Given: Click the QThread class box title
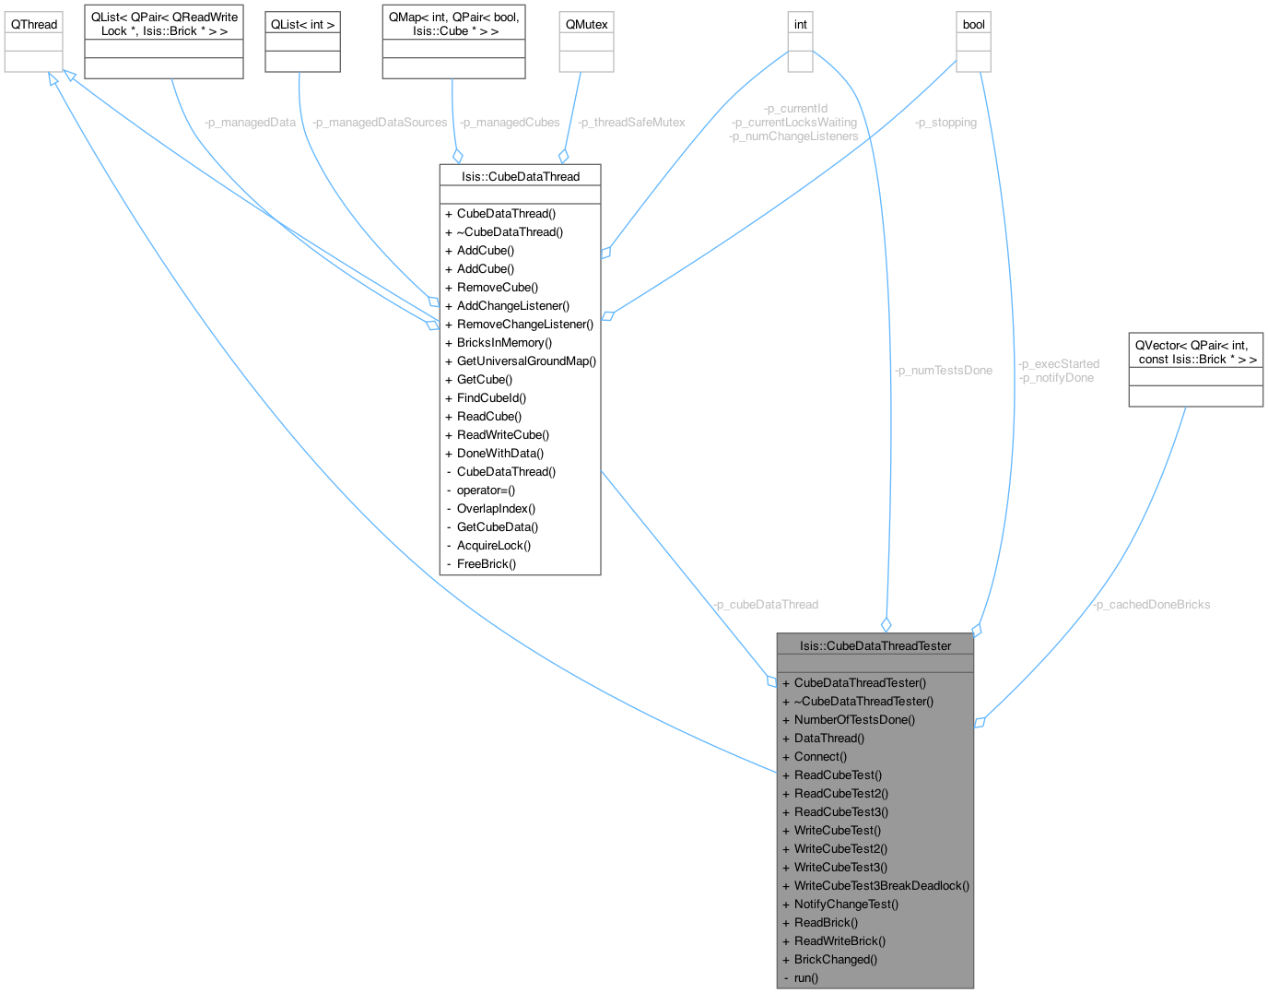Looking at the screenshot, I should (34, 24).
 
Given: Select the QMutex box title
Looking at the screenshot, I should (585, 24).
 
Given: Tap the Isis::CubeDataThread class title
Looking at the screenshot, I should (521, 176).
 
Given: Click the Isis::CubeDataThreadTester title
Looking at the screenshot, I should (875, 645).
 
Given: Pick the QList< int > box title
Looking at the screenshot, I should (302, 24).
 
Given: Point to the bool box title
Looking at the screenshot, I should (973, 24).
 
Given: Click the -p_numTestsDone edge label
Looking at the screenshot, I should (943, 370).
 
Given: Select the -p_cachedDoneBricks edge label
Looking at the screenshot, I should (1151, 604).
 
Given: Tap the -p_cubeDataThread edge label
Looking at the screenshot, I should (765, 604).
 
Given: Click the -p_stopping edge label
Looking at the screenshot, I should (945, 122).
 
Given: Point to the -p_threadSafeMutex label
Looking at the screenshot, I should (631, 122).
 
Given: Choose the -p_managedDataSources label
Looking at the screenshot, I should (380, 122).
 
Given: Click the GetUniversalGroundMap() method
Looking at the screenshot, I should (526, 361).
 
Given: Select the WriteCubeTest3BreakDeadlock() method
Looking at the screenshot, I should (881, 885).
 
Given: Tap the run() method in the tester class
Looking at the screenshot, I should (805, 977).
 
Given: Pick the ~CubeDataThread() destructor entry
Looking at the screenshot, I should (510, 231).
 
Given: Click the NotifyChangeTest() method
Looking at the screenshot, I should (846, 904).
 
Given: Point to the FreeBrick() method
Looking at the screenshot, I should (486, 563).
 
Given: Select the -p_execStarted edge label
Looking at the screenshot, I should (1059, 363).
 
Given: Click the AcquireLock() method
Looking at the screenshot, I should (493, 545).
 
